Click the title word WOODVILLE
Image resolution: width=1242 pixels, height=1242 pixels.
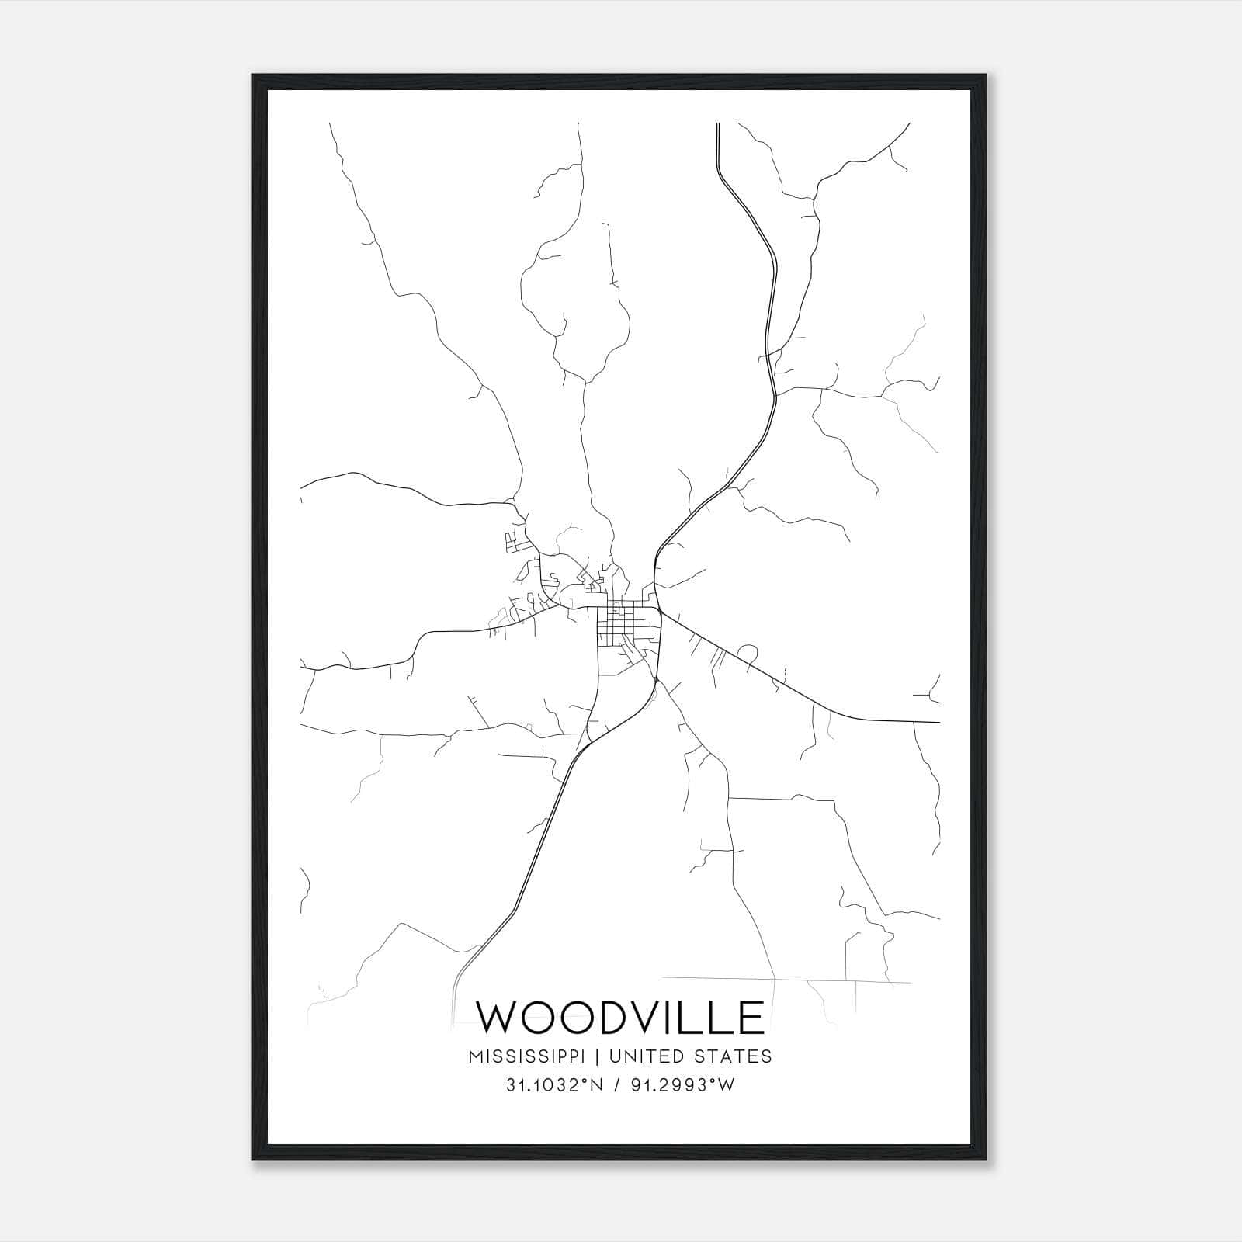[x=619, y=1018]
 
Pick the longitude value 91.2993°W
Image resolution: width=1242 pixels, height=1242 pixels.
[x=682, y=1086]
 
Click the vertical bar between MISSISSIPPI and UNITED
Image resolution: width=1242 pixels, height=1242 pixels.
[x=598, y=1056]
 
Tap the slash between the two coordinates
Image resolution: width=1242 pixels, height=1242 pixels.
[x=616, y=1086]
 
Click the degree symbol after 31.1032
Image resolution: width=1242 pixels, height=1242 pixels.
[x=577, y=1081]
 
